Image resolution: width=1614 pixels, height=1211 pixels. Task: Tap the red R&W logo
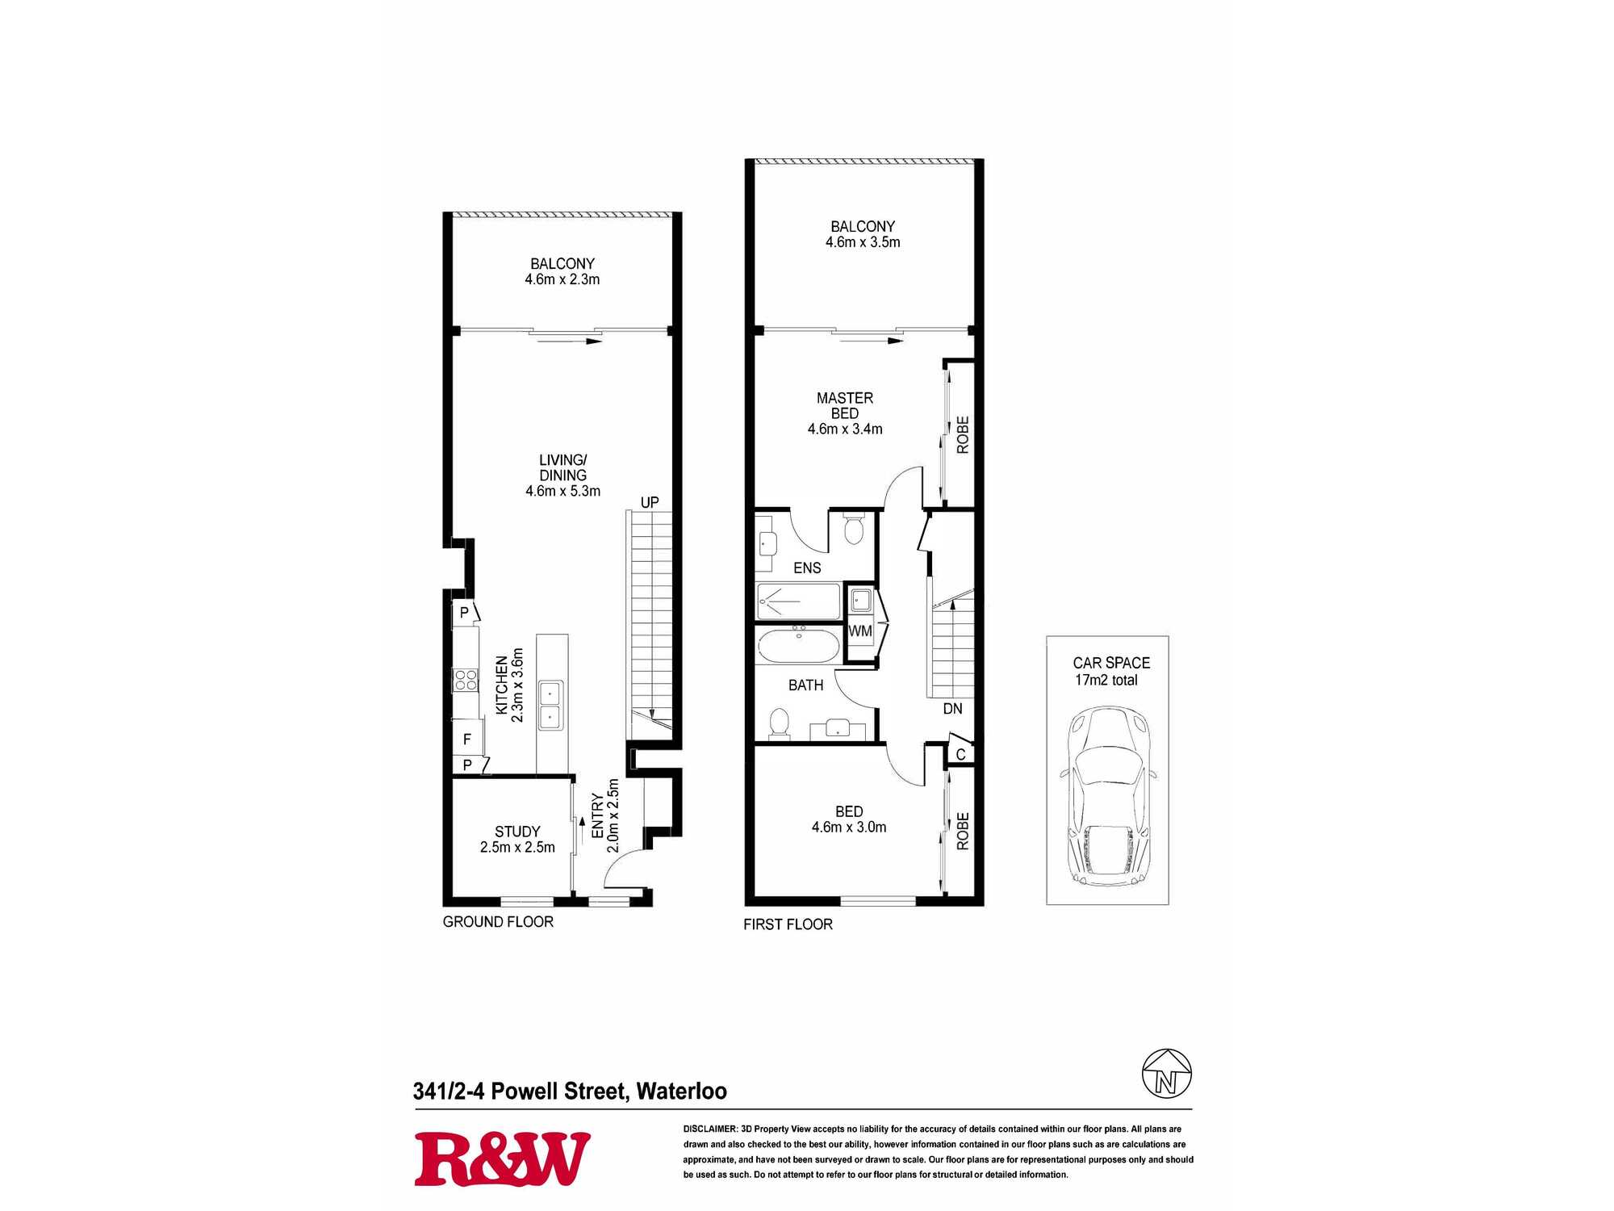[x=502, y=1159]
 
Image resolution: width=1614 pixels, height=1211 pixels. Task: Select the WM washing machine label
[x=860, y=631]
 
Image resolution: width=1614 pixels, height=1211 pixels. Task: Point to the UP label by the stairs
[x=650, y=502]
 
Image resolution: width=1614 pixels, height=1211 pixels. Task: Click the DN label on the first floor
[x=952, y=708]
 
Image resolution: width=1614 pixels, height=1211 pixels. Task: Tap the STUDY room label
[x=517, y=832]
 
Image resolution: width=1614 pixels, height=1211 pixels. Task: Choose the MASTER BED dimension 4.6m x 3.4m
[x=845, y=429]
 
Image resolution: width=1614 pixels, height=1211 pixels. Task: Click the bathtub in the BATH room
[x=799, y=646]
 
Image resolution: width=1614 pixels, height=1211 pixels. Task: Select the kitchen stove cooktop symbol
[x=466, y=680]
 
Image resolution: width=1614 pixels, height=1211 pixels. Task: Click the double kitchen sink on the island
[x=550, y=705]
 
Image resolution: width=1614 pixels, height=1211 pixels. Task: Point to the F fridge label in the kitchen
[x=466, y=739]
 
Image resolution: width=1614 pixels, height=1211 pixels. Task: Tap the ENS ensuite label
[x=807, y=568]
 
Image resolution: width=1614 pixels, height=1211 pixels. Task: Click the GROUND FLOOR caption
[x=498, y=921]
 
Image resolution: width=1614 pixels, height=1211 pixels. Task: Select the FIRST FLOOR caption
[x=788, y=924]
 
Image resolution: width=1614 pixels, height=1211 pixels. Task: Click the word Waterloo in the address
[x=681, y=1092]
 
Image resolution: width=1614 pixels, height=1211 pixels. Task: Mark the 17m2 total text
[x=1106, y=680]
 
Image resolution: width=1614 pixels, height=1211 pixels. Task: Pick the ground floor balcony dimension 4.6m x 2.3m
[x=562, y=279]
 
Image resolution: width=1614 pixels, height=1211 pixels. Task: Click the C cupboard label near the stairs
[x=960, y=754]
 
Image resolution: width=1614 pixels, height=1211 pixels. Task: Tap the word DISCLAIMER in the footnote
[x=710, y=1129]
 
